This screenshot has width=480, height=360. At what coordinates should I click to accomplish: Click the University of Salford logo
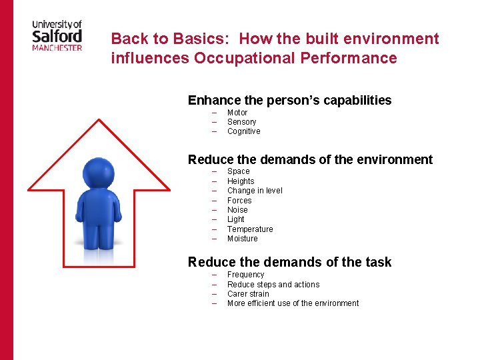pyautogui.click(x=57, y=35)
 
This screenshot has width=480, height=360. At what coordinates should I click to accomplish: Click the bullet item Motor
pyautogui.click(x=237, y=113)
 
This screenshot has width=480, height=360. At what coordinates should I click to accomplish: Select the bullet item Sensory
pyautogui.click(x=241, y=122)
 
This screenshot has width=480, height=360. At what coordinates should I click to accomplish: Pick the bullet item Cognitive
pyautogui.click(x=243, y=131)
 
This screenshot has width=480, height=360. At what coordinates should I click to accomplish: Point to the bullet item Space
pyautogui.click(x=238, y=171)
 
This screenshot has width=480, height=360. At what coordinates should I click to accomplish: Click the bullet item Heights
pyautogui.click(x=241, y=181)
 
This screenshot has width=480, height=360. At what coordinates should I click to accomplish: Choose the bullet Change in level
pyautogui.click(x=255, y=191)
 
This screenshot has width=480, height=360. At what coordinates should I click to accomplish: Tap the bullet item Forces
pyautogui.click(x=239, y=200)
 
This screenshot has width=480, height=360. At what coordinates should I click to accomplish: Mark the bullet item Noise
pyautogui.click(x=237, y=210)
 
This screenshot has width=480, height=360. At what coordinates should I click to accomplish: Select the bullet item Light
pyautogui.click(x=235, y=219)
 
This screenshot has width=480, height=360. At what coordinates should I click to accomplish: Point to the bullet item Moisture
pyautogui.click(x=242, y=239)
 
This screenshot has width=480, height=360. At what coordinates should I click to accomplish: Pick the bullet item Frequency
pyautogui.click(x=245, y=275)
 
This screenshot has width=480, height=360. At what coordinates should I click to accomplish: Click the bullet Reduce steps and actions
pyautogui.click(x=273, y=285)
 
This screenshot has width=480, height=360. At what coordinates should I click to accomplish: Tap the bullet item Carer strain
pyautogui.click(x=248, y=294)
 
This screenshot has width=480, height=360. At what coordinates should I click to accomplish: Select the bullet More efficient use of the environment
pyautogui.click(x=293, y=303)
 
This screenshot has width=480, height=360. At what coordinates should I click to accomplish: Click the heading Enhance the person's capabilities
pyautogui.click(x=289, y=101)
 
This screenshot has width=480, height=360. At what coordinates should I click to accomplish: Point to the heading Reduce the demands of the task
pyautogui.click(x=289, y=262)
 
